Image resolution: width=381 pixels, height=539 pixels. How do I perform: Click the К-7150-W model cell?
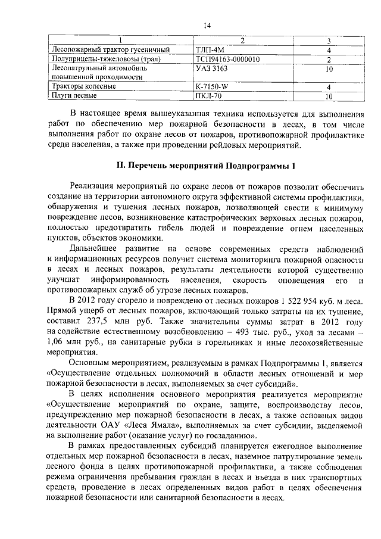[212, 86]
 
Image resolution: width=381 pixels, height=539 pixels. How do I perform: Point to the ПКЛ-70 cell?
[208, 95]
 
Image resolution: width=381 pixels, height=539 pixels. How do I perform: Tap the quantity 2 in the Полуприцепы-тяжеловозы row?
[329, 60]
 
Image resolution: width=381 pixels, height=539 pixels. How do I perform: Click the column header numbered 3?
[329, 40]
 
